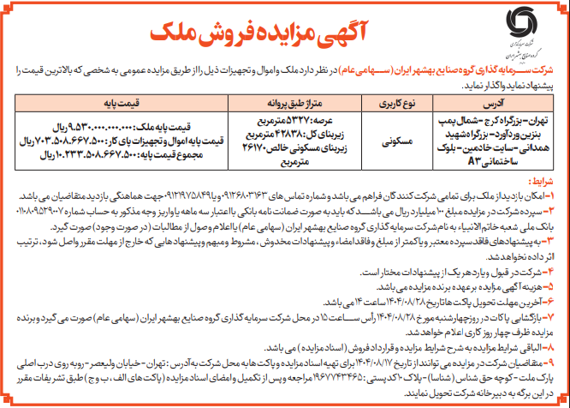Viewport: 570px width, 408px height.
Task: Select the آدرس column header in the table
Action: pos(489,101)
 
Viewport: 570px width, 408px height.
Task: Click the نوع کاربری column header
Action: pos(382,101)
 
